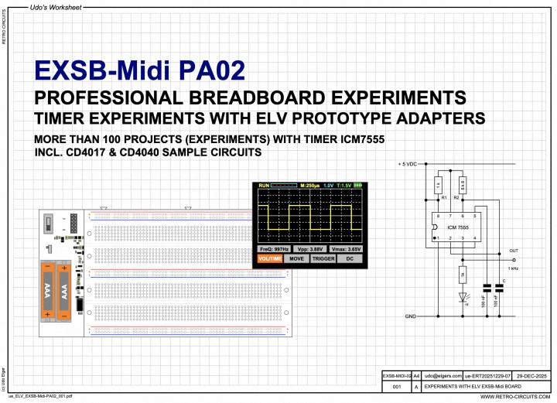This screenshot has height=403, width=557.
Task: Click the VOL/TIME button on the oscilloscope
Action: [269, 259]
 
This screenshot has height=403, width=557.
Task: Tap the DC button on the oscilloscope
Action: [350, 259]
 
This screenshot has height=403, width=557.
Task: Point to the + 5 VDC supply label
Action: [408, 165]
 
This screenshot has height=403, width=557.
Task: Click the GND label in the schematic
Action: [411, 316]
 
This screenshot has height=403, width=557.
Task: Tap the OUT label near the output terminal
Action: [513, 250]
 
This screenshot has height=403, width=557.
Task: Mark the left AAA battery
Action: [48, 289]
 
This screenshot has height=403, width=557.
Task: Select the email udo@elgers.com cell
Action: [442, 374]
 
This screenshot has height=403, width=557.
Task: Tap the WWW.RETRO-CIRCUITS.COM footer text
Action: [514, 396]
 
